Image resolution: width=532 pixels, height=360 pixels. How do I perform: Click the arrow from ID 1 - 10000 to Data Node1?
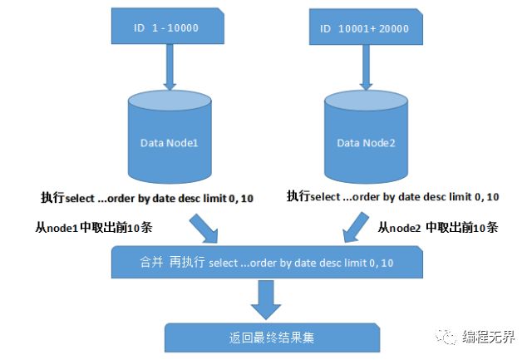[x=169, y=68]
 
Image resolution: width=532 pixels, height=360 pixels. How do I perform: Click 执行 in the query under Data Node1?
[x=52, y=197]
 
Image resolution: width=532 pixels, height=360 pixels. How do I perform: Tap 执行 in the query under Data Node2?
[x=298, y=197]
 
